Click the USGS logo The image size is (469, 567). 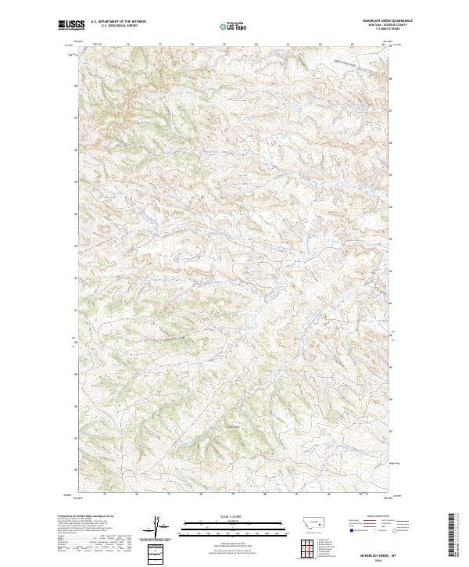point(71,25)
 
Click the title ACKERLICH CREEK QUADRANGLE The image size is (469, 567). point(386,20)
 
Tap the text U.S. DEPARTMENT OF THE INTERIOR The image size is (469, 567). point(119,22)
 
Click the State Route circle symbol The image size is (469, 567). point(396,530)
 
